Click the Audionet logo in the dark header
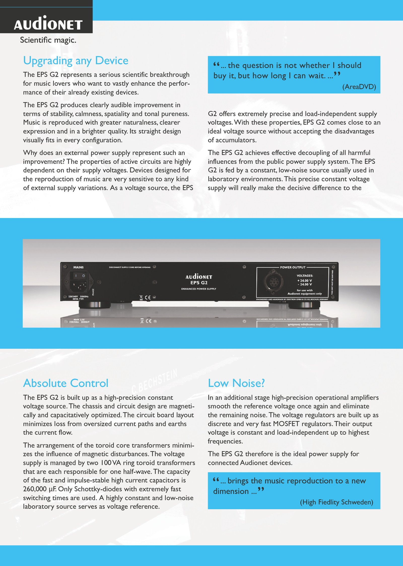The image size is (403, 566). pos(48,23)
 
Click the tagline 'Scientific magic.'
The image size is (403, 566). pos(48,40)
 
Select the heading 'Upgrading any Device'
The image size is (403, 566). pos(76,61)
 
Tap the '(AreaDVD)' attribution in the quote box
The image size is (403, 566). pos(359,87)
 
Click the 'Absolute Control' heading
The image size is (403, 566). pos(66,383)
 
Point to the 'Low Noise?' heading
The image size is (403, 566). pos(236,383)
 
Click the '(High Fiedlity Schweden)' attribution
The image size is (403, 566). pos(336,502)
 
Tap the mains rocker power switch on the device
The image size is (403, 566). pos(80,276)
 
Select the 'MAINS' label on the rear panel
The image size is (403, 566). pos(78,267)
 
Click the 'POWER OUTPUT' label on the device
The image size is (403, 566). pos(293,267)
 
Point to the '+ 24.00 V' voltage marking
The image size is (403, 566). pos(305,280)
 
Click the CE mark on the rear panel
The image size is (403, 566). pos(148,298)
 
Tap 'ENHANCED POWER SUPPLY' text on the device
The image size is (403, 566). pos(199,289)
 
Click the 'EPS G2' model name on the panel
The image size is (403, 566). pos(199,283)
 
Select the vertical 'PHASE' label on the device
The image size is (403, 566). pos(93,292)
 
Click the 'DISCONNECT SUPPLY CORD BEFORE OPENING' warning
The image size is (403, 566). pos(130,267)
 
